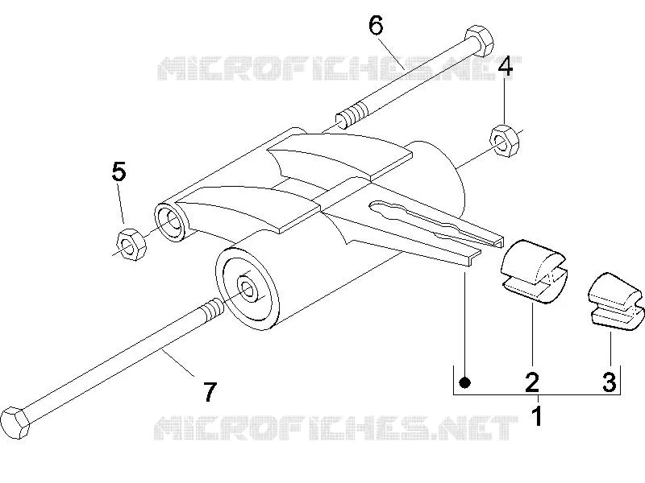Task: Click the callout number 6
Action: coord(376,26)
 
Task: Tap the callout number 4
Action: coord(506,67)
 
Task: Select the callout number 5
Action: coord(119,171)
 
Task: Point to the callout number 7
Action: coord(210,392)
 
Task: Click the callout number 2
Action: coord(531,382)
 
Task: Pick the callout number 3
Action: coord(610,382)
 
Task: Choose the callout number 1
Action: coord(537,416)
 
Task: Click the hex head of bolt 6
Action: coord(478,42)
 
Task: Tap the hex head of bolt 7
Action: coord(15,422)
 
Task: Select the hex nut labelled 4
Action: coord(505,140)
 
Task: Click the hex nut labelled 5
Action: coord(131,244)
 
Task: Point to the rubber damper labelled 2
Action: coord(533,271)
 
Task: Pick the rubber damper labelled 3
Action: coord(614,300)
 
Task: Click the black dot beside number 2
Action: coord(465,382)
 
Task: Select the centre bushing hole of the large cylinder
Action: coord(247,290)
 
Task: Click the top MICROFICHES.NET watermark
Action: coord(339,68)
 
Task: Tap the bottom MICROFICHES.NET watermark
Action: coord(336,428)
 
